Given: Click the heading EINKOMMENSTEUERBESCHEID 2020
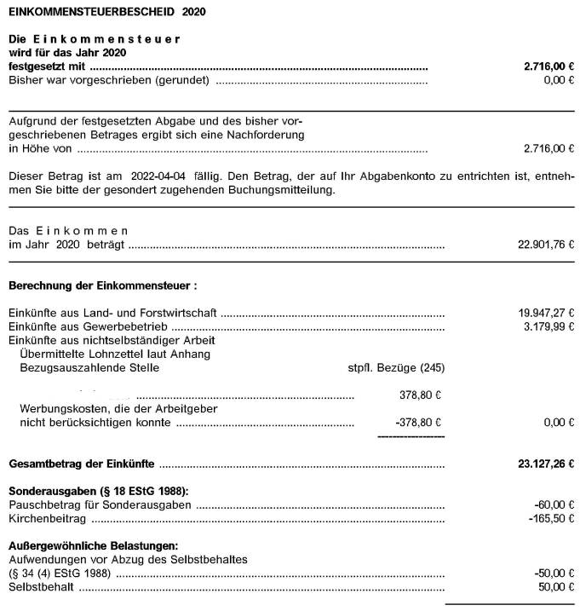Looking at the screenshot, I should (106, 13).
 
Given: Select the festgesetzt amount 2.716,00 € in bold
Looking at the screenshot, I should (548, 66).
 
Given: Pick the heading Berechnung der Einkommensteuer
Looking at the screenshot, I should (103, 285).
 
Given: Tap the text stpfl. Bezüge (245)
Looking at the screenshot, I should (391, 368).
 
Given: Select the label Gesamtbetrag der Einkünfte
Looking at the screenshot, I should (81, 464).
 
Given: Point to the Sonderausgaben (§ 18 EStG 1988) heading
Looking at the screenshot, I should (97, 492).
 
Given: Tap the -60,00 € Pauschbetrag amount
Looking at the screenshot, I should (554, 504).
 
